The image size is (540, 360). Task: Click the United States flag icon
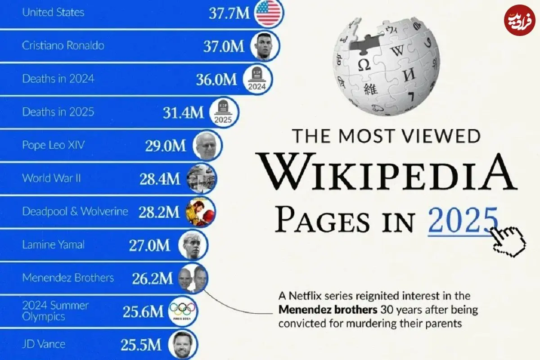(x=268, y=13)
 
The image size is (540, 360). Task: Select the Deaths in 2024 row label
(x=58, y=78)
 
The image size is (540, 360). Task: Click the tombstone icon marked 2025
(x=223, y=112)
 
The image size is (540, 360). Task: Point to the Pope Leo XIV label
(x=53, y=145)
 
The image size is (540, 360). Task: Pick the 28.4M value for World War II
(x=160, y=179)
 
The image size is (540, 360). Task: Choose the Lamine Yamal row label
(x=53, y=245)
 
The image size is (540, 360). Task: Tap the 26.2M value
(x=152, y=279)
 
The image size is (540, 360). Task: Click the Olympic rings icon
(x=183, y=311)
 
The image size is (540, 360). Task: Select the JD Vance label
(x=44, y=345)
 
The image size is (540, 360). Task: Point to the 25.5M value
(x=140, y=345)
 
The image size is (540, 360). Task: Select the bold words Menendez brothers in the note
(x=328, y=310)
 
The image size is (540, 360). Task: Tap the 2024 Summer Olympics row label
(x=55, y=311)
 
